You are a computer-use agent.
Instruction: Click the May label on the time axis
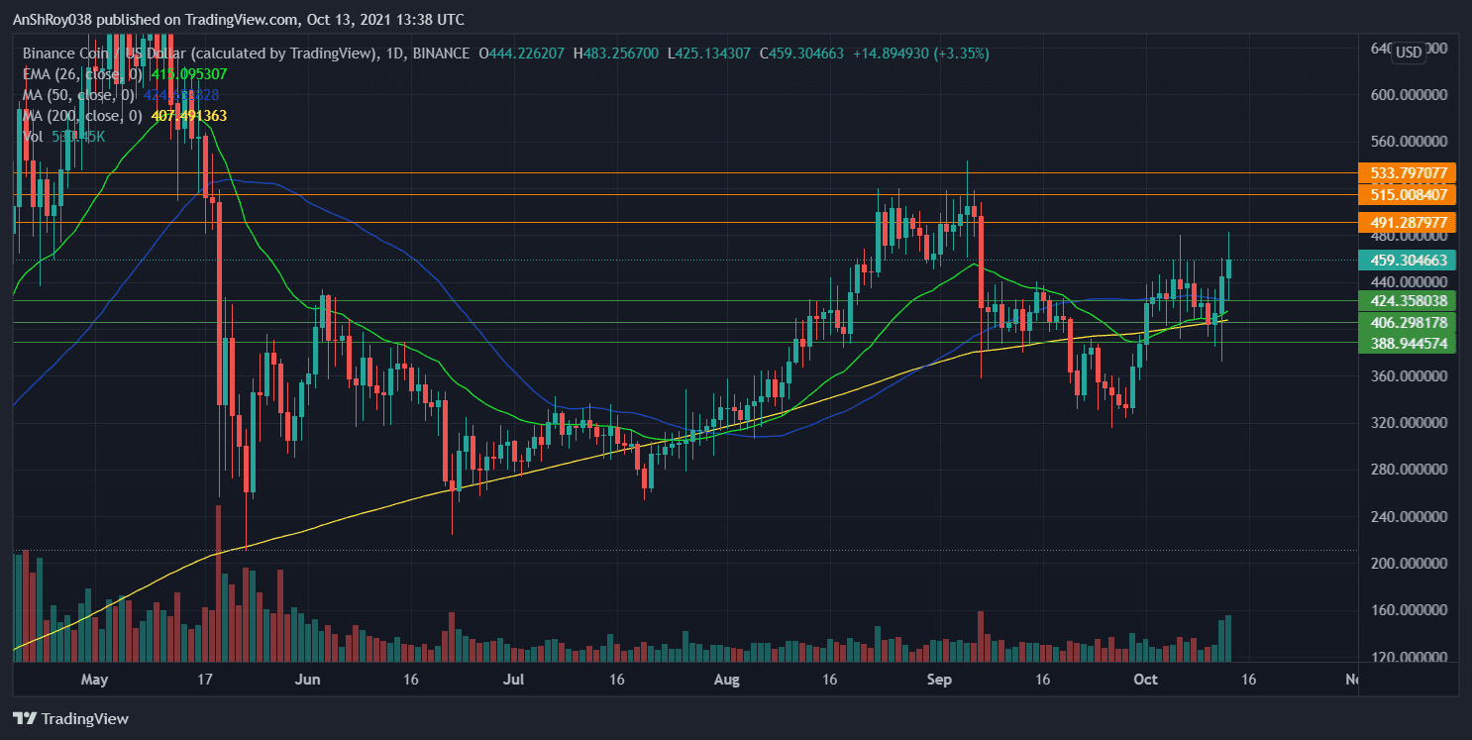pyautogui.click(x=94, y=680)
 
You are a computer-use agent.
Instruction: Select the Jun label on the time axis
pyautogui.click(x=308, y=680)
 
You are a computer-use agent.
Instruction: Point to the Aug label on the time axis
pyautogui.click(x=726, y=680)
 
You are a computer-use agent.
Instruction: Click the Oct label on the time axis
pyautogui.click(x=1145, y=680)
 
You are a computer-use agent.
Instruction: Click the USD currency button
pyautogui.click(x=1408, y=53)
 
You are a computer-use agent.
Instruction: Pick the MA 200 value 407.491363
pyautogui.click(x=188, y=116)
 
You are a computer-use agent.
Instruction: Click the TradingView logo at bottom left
pyautogui.click(x=70, y=718)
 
